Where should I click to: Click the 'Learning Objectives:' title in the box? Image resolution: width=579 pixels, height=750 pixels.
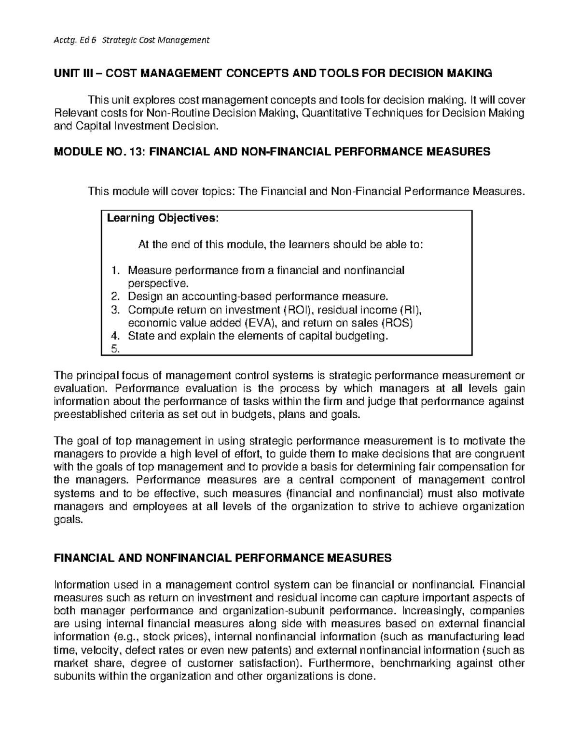click(x=163, y=218)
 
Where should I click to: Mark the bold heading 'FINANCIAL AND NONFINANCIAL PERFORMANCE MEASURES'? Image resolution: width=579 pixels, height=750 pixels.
click(x=222, y=558)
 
